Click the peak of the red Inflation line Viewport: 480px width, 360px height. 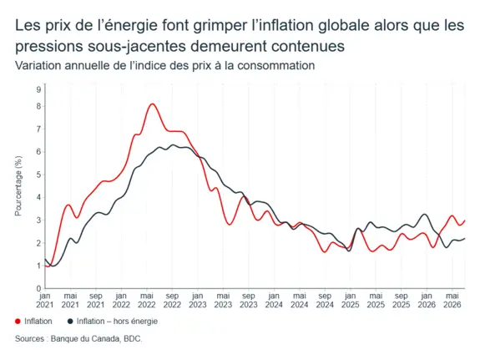(x=153, y=104)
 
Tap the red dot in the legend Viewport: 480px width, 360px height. (x=18, y=322)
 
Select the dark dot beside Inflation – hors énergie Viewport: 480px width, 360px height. (x=70, y=322)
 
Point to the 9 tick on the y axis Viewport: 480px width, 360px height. (x=38, y=89)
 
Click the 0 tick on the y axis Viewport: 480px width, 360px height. (x=38, y=288)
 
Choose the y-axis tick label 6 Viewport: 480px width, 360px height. (x=38, y=152)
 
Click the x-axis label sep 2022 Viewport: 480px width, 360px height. (x=172, y=301)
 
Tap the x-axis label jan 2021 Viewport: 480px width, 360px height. (x=45, y=301)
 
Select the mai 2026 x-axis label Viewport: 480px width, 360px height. (x=452, y=301)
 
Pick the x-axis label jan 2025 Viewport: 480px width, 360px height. (x=351, y=301)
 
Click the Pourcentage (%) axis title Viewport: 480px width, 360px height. (x=18, y=186)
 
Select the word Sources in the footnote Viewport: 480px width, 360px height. (x=29, y=339)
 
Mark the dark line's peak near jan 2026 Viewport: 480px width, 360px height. (x=425, y=214)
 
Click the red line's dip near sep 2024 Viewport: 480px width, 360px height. (x=325, y=252)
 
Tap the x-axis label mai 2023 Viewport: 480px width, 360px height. (x=223, y=301)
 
